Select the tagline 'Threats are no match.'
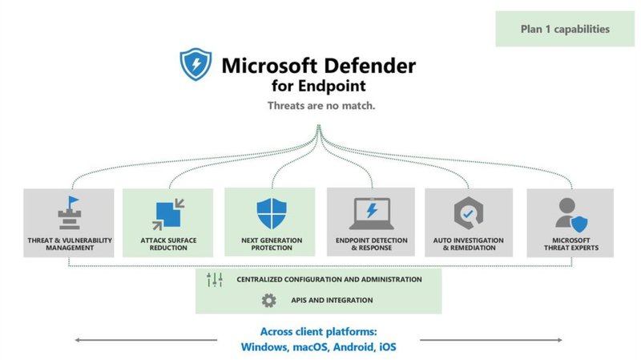pos(320,105)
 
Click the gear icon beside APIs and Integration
pos(268,301)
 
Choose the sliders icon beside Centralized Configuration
pos(215,280)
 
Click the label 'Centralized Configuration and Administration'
pos(329,280)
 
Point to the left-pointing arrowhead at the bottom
pos(79,341)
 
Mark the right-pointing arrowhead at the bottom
pos(564,341)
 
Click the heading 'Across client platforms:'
pos(319,332)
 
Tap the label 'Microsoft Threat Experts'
pos(570,244)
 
